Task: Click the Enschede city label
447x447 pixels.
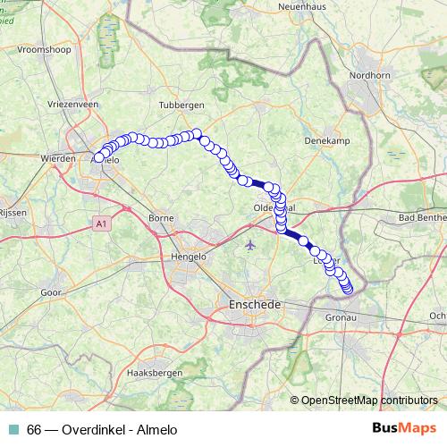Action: pyautogui.click(x=249, y=305)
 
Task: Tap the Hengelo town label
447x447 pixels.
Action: pyautogui.click(x=188, y=257)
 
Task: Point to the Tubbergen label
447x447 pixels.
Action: pyautogui.click(x=182, y=105)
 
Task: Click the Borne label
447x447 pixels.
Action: pyautogui.click(x=161, y=217)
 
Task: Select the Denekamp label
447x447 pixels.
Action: pyautogui.click(x=325, y=141)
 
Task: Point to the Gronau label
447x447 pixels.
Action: pyautogui.click(x=341, y=317)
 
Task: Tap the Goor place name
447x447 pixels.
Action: pyautogui.click(x=50, y=291)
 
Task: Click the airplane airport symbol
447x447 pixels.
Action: pyautogui.click(x=249, y=243)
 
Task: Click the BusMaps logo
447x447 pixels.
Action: pyautogui.click(x=403, y=427)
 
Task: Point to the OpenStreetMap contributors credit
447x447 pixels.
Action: pyautogui.click(x=367, y=400)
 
